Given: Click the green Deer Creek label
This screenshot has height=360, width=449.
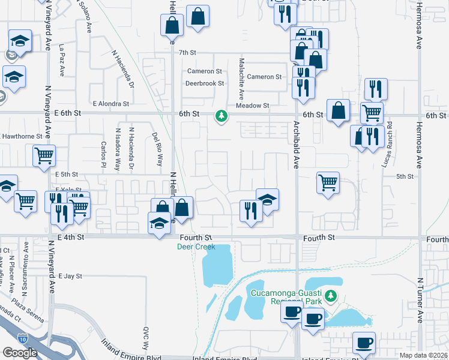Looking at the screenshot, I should (x=196, y=247).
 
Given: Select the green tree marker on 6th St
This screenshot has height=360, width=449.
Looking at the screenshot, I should (x=222, y=115).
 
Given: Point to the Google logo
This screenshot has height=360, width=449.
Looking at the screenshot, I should (x=20, y=352).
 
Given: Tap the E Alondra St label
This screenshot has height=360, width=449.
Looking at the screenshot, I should (x=110, y=104).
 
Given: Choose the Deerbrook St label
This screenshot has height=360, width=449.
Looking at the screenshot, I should (x=205, y=83).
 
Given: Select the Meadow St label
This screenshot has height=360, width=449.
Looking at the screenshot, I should (x=252, y=106).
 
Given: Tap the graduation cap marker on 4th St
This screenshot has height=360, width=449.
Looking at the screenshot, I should (x=158, y=224).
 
